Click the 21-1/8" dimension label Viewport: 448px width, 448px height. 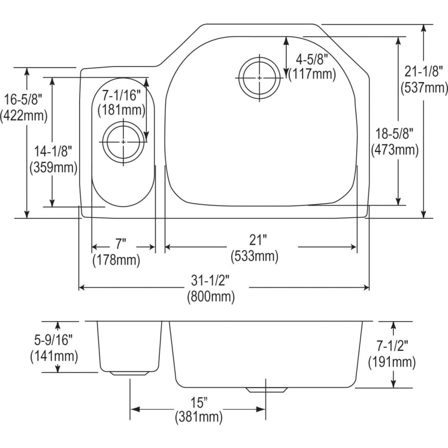tap(422, 72)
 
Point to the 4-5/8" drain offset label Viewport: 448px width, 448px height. tap(312, 60)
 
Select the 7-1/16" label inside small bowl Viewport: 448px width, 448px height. tap(121, 94)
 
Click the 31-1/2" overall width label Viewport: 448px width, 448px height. tap(211, 281)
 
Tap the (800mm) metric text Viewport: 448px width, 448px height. tap(211, 297)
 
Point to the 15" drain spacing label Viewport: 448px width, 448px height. tap(198, 401)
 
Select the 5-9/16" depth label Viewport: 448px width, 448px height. tap(54, 340)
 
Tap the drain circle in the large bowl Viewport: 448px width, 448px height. tap(259, 78)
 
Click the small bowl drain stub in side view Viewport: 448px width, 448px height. tap(130, 373)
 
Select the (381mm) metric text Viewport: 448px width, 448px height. tap(198, 417)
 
